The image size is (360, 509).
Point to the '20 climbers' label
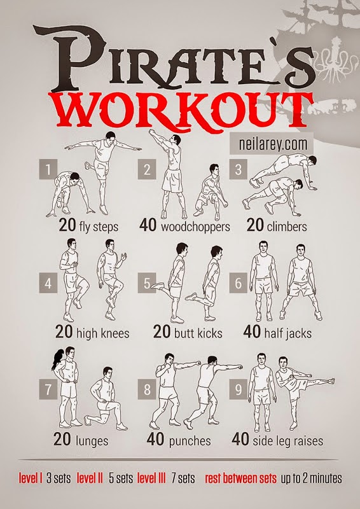point(277,226)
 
